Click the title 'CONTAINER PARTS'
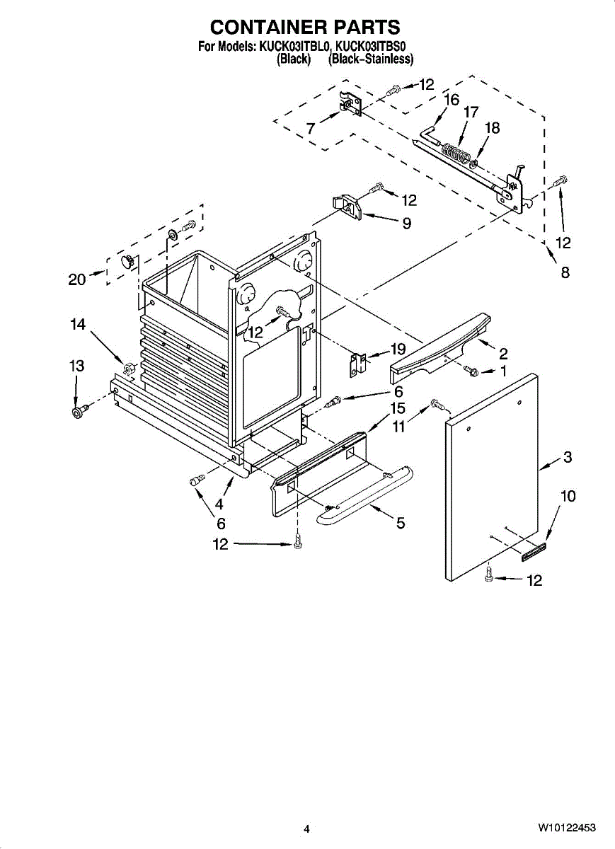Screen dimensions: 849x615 click(x=305, y=27)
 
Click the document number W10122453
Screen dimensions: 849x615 click(x=566, y=828)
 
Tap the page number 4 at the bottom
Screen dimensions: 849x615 click(x=306, y=828)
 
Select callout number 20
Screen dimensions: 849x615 click(x=77, y=279)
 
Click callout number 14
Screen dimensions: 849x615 click(x=78, y=324)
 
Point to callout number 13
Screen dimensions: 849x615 click(x=76, y=366)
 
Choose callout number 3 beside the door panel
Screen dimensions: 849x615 click(x=567, y=457)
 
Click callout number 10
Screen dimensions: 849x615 click(x=568, y=496)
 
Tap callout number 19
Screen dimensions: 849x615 click(x=398, y=348)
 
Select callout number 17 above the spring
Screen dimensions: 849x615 click(x=471, y=112)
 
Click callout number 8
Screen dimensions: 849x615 click(x=565, y=272)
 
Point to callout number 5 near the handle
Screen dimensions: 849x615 click(x=401, y=524)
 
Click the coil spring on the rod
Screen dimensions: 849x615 click(x=455, y=151)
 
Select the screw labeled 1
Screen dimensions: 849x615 click(x=470, y=369)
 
